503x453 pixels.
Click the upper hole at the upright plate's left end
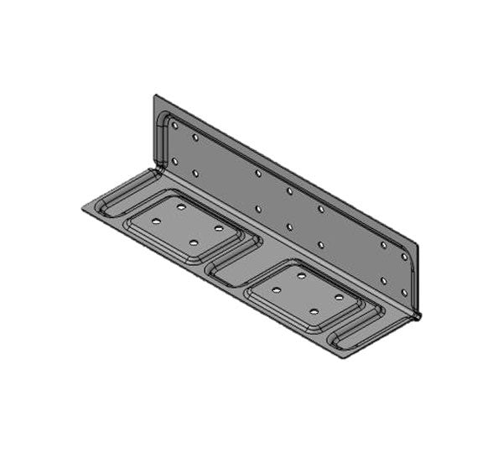coord(175,126)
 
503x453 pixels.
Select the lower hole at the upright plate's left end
coord(175,160)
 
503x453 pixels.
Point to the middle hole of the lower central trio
coord(289,226)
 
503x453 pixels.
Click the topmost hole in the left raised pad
coord(181,205)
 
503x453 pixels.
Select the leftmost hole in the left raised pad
coord(156,221)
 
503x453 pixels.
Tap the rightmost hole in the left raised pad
coord(218,227)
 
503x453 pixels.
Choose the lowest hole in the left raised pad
coord(193,242)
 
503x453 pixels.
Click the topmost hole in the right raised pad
coord(302,274)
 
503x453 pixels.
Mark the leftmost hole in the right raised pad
coord(277,289)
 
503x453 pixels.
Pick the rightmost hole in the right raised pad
coord(340,296)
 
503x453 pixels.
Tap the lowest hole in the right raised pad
coord(314,311)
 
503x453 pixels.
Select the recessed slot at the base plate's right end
coord(356,336)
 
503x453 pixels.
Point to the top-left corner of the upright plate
coord(155,96)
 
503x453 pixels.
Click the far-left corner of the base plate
coord(81,207)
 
